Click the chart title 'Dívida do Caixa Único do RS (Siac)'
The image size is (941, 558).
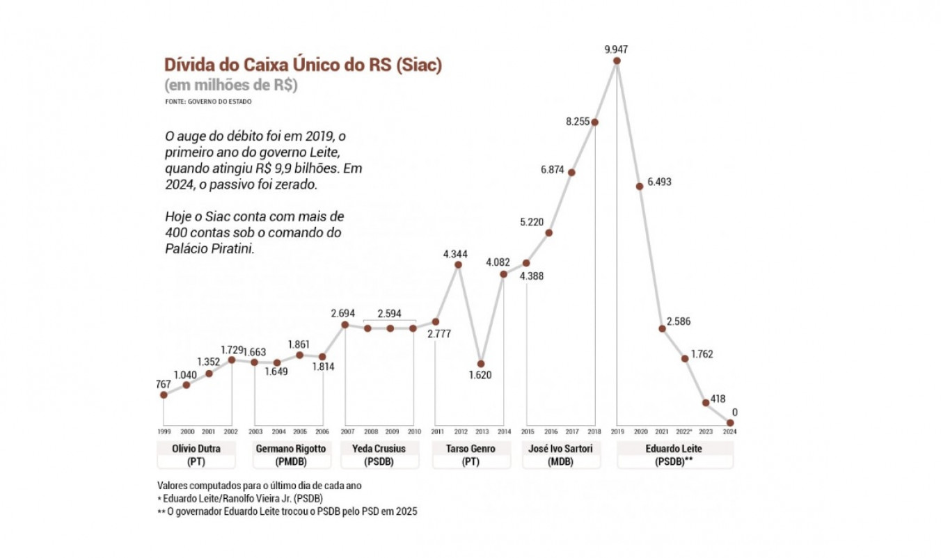[x=303, y=65]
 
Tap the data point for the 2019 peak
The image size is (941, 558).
[x=617, y=61]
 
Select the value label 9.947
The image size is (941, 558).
[x=617, y=49]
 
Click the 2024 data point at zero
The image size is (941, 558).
[x=730, y=422]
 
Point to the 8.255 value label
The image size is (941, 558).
[x=577, y=121]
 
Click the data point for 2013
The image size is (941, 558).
[x=481, y=364]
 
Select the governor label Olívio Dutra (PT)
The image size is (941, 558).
[x=196, y=455]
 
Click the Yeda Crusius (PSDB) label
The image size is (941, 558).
[x=379, y=455]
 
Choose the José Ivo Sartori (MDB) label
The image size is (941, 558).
[x=560, y=455]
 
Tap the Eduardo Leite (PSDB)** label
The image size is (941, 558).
[x=674, y=455]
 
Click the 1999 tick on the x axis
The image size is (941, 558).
[x=164, y=432]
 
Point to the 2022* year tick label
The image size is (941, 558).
[x=685, y=432]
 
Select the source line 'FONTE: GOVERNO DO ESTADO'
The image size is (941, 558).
[x=208, y=102]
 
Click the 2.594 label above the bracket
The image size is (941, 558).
[x=390, y=313]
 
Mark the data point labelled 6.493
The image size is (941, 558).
[x=639, y=186]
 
